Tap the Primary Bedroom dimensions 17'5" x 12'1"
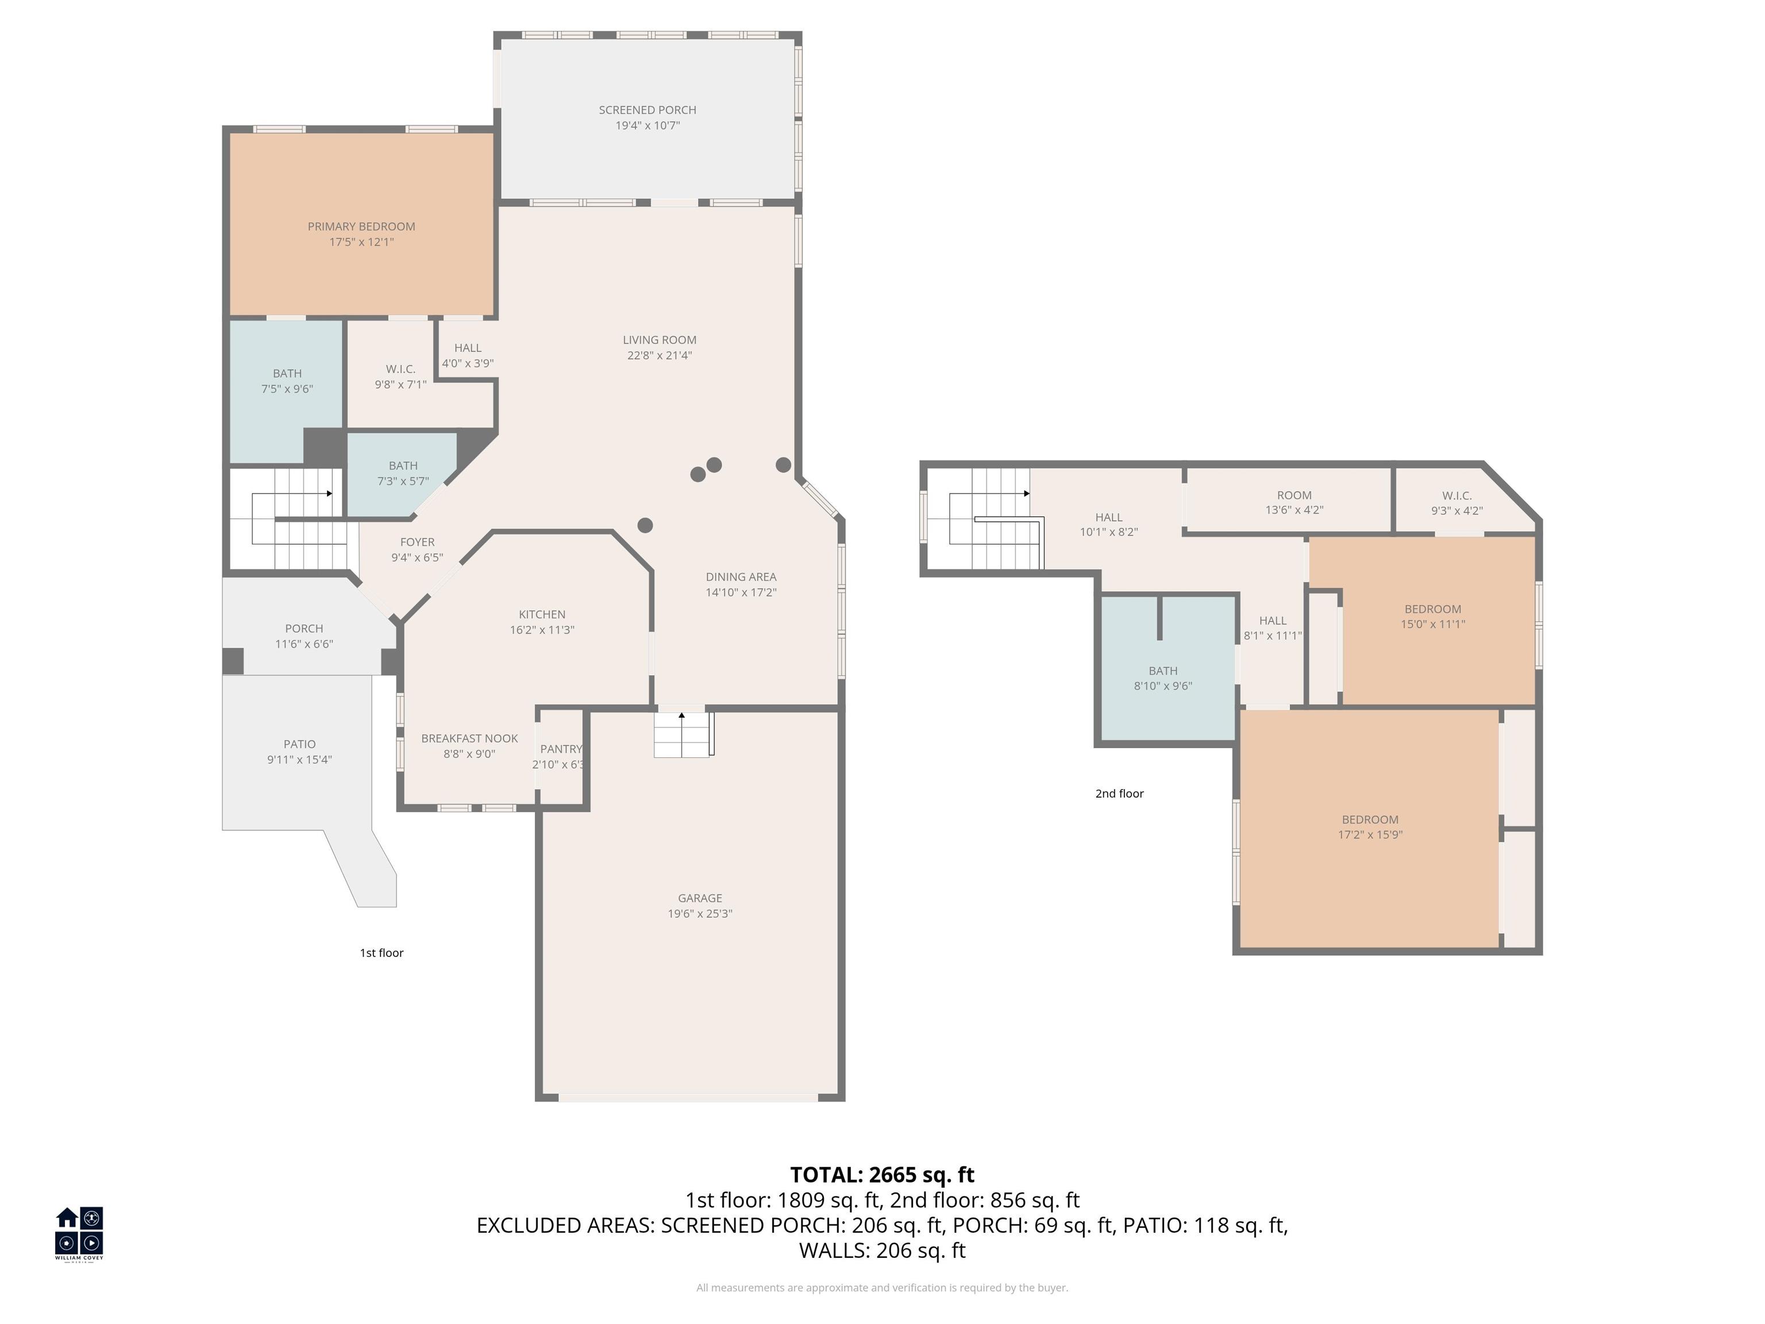361,242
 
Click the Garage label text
700,898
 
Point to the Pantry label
560,749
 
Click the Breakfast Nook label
469,738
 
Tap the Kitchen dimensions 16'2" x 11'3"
542,630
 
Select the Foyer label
417,542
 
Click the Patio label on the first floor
299,744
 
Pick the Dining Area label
741,576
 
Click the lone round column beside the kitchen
646,525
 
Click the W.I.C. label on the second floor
1456,495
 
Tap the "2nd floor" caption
1119,793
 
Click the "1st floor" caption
381,953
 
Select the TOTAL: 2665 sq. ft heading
882,1175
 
